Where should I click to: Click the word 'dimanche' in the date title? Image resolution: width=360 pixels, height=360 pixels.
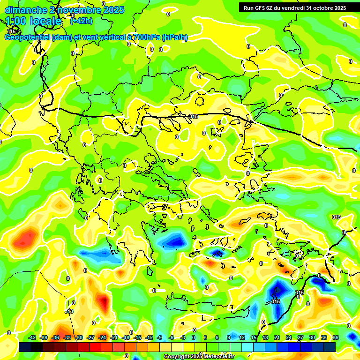(24, 10)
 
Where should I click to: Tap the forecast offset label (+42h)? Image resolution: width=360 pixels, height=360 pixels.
(81, 21)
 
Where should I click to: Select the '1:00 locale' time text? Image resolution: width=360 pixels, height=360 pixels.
(33, 21)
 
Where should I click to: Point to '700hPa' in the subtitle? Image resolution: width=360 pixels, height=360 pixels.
(146, 37)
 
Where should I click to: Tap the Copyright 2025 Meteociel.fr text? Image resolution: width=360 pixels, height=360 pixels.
(199, 357)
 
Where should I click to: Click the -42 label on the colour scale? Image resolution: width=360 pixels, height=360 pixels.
(32, 337)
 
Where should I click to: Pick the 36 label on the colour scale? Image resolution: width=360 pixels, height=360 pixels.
(336, 337)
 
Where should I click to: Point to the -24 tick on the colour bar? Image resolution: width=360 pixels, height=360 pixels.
(102, 337)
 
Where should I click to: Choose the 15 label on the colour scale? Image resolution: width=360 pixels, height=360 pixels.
(254, 337)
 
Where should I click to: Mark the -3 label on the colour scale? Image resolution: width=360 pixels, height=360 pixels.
(183, 337)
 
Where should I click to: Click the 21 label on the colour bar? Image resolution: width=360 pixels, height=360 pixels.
(277, 337)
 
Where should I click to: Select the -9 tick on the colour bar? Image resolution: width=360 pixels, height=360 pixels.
(160, 337)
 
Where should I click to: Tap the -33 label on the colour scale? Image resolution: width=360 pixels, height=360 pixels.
(67, 337)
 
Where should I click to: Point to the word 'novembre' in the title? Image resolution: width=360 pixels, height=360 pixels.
(75, 10)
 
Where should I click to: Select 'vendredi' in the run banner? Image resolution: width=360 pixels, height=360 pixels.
(293, 8)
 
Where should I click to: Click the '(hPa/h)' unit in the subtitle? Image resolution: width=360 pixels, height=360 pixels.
(175, 37)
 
